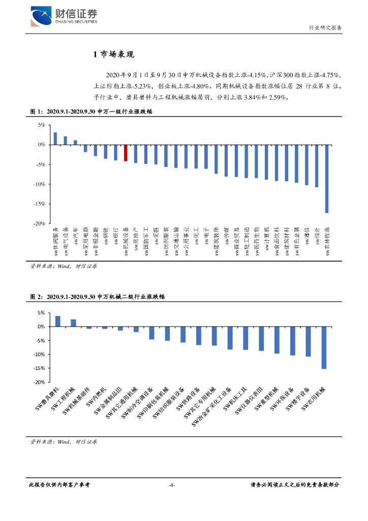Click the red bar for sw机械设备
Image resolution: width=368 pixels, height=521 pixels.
(126, 153)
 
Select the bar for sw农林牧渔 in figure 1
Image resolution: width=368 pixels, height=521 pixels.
(327, 179)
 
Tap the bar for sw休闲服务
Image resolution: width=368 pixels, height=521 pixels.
(55, 138)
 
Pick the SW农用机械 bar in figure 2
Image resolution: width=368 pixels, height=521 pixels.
(324, 348)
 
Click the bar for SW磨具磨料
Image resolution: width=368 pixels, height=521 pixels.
(58, 321)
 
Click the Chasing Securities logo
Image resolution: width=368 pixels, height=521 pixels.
(64, 17)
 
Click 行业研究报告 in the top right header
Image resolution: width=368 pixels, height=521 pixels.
(325, 28)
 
